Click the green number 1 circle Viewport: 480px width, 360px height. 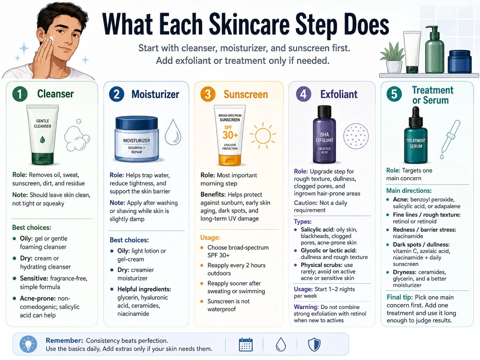click(x=20, y=94)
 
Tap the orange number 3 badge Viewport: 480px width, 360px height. click(x=208, y=94)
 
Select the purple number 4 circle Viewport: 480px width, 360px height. click(x=303, y=94)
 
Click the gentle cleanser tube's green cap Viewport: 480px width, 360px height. click(x=43, y=159)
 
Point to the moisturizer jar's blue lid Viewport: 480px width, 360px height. click(x=137, y=123)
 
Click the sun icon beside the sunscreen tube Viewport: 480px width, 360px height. click(x=263, y=136)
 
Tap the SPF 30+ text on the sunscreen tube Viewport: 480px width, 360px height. click(x=230, y=133)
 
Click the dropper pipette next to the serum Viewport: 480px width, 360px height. click(x=450, y=139)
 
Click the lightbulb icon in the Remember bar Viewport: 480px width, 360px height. click(x=28, y=344)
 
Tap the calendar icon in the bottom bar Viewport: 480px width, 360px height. click(x=246, y=345)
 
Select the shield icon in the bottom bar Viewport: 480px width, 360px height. click(x=314, y=345)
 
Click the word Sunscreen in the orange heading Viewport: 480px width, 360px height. click(x=246, y=94)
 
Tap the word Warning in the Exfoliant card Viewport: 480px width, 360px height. click(x=306, y=307)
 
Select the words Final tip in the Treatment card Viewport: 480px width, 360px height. click(x=399, y=297)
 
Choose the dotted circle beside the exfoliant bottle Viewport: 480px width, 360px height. click(x=356, y=136)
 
